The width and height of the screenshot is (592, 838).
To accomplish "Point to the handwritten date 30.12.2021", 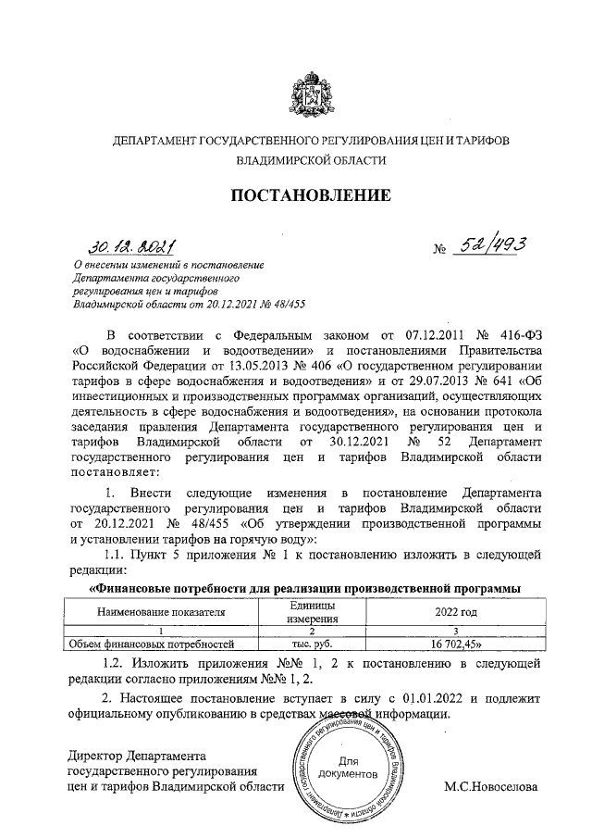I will pyautogui.click(x=132, y=247).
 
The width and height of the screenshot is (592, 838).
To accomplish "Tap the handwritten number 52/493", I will pyautogui.click(x=491, y=244).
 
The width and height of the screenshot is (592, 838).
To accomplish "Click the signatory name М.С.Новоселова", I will pyautogui.click(x=490, y=786).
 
